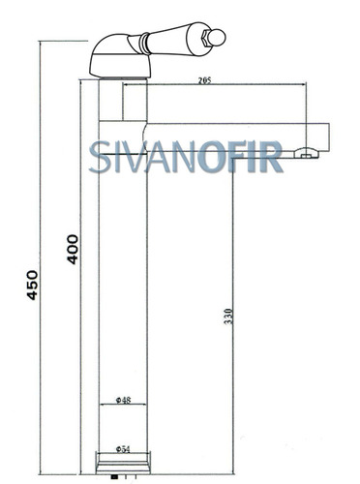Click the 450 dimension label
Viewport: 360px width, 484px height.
coord(32,285)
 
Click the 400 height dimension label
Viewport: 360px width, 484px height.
coord(73,250)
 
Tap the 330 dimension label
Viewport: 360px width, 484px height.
coord(228,317)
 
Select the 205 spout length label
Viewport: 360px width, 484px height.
coord(204,80)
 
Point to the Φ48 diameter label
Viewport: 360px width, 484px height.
coord(123,400)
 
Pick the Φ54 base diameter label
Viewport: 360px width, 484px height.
coord(123,449)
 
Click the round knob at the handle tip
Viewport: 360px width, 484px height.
coord(218,38)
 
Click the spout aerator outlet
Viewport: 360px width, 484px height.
coord(306,154)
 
